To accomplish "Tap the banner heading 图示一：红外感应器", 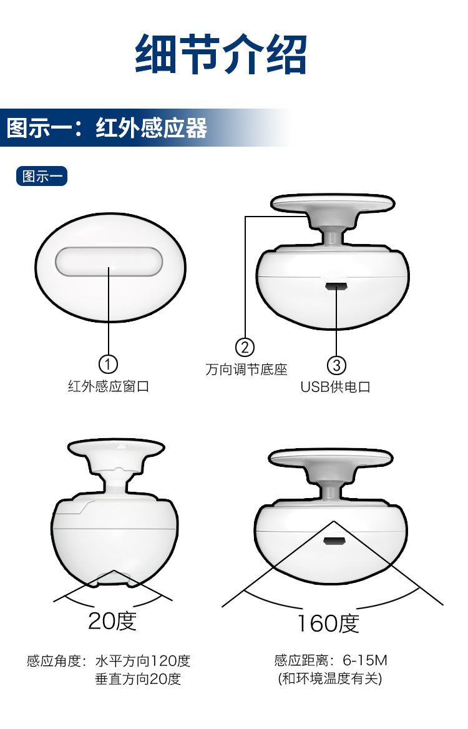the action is pos(107,128).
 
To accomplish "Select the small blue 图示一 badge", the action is pos(42,176).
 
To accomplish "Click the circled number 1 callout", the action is pos(109,364).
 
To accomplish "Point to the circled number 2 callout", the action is pos(245,347).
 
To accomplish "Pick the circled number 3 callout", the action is pos(336,365).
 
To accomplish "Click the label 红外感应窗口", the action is pos(109,386).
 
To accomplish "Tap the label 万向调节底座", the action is pos(246,369).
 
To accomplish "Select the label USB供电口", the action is pos(335,387).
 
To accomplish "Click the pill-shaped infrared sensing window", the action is pos(109,262).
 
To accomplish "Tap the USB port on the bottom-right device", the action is pos(334,541).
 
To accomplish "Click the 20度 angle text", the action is pos(112,620).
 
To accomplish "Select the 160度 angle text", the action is pos(328,624).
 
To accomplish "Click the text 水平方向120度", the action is pos(143,660).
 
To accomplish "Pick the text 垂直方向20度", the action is pos(138,679).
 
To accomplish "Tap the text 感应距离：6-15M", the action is pos(331,660).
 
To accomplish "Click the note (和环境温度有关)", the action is pos(330,678).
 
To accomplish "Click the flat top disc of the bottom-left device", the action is pos(116,448).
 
